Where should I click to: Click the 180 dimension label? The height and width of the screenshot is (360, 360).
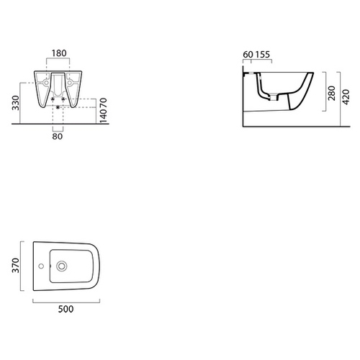point(59,53)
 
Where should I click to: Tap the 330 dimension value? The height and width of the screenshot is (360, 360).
point(16,103)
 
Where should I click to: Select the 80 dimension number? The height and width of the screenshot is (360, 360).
point(58,136)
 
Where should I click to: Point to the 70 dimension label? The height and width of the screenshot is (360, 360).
point(103,102)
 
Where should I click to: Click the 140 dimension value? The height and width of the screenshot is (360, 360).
point(103,116)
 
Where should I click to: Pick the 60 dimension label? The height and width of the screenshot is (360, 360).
point(248,55)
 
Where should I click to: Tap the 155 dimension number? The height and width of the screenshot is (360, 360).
point(262,55)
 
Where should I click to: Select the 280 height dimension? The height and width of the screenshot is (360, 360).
point(332,93)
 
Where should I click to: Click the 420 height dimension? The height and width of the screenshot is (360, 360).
point(346,97)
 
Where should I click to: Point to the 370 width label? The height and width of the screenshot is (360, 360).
point(16,266)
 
